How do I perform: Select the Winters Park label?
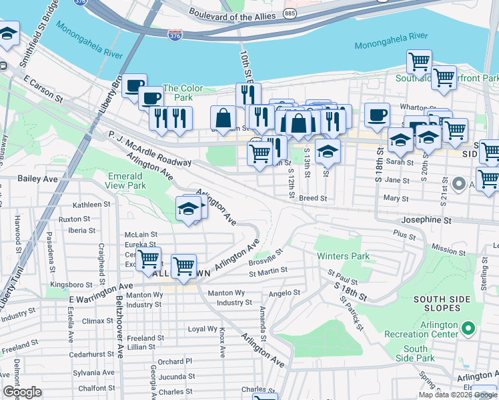click(343, 256)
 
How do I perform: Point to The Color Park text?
click(183, 89)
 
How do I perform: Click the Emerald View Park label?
click(127, 181)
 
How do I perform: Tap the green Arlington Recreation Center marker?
click(468, 328)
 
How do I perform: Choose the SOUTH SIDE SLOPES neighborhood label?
click(446, 303)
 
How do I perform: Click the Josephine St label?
click(426, 219)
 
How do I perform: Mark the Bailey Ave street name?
click(38, 179)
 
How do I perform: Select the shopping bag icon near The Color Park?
click(223, 118)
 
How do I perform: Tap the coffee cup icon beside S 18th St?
click(378, 114)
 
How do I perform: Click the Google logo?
click(22, 392)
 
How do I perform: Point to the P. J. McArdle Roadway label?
click(149, 148)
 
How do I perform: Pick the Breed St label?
click(312, 198)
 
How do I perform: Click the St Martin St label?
click(268, 271)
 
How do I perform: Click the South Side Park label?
click(415, 354)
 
